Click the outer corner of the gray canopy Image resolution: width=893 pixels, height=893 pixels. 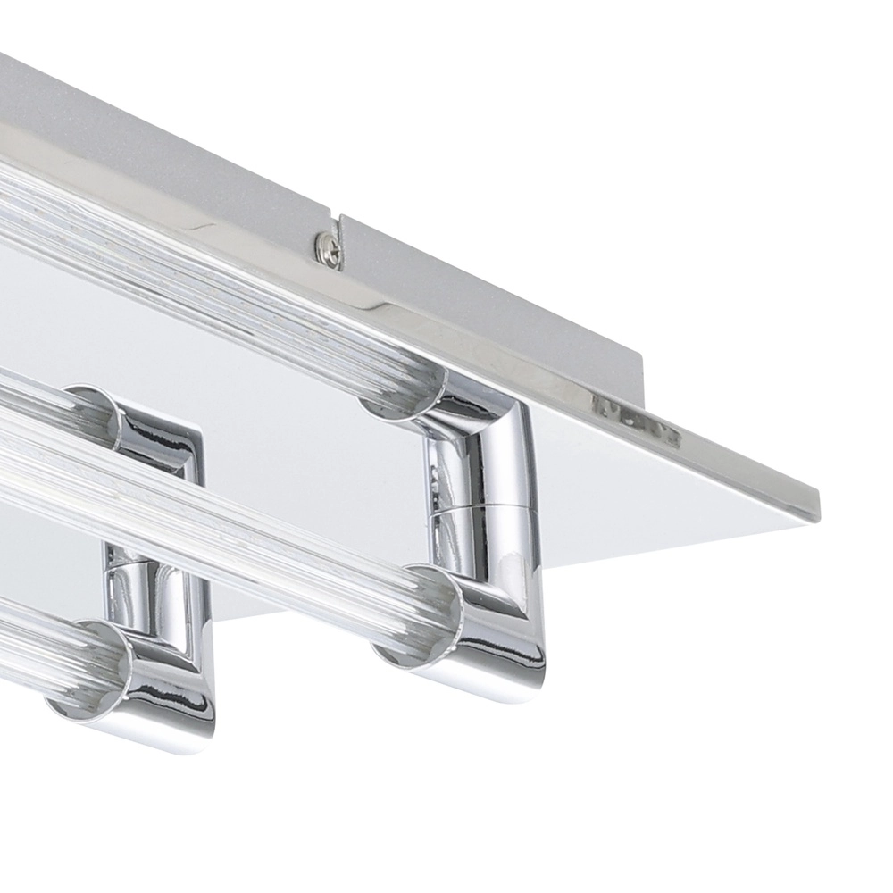click(x=639, y=355)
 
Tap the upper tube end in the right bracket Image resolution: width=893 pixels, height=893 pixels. click(x=402, y=400)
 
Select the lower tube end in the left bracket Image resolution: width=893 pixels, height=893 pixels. click(x=89, y=665)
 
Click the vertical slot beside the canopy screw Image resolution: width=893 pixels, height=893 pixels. click(x=339, y=228)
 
